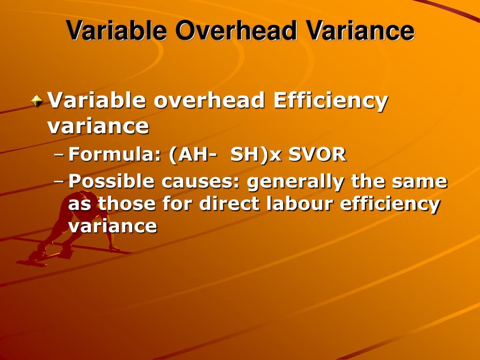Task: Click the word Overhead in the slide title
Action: click(236, 30)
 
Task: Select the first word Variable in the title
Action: click(117, 30)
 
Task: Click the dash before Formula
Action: click(60, 154)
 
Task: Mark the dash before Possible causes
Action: click(60, 181)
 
